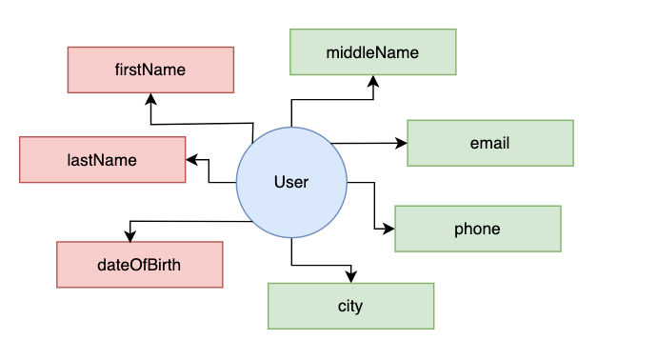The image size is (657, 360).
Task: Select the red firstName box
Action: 150,70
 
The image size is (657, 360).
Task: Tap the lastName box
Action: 102,160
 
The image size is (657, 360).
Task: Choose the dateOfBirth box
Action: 139,264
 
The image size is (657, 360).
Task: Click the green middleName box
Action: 372,51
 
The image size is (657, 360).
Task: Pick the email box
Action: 489,143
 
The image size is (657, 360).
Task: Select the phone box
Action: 477,229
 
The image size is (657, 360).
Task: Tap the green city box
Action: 350,306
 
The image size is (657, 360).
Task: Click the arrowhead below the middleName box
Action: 373,81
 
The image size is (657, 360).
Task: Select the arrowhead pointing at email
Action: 401,143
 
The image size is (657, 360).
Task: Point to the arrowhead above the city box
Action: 350,276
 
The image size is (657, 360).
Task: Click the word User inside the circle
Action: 291,182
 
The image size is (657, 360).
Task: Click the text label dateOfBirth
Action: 139,264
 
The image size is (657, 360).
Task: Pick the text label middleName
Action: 372,51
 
